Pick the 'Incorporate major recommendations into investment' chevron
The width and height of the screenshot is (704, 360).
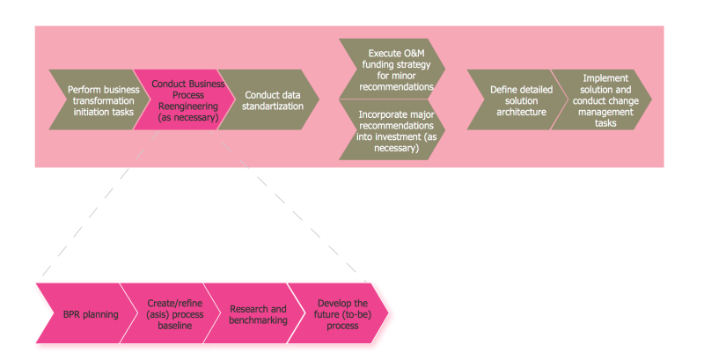pos(390,129)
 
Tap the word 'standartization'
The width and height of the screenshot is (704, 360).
pos(274,107)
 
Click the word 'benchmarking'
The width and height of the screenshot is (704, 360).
pos(258,320)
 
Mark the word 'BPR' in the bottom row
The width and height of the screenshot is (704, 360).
pos(66,314)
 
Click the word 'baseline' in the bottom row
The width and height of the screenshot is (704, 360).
pos(174,326)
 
